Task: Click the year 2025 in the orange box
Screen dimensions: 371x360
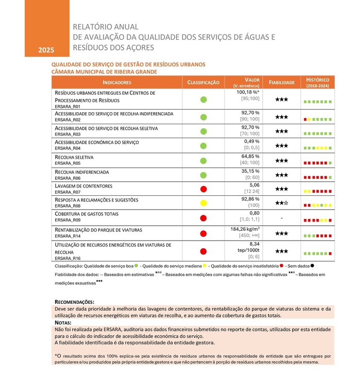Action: point(46,50)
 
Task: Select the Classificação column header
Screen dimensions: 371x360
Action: point(203,82)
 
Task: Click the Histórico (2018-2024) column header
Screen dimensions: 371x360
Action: point(317,82)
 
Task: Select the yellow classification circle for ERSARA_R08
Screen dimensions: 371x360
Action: point(203,203)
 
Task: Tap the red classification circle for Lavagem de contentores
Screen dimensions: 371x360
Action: point(203,189)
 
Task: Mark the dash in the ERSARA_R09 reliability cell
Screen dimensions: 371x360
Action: point(281,218)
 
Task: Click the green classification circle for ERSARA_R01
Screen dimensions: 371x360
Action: point(203,99)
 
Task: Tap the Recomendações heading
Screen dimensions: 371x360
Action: point(74,301)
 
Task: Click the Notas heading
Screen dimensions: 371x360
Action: point(63,323)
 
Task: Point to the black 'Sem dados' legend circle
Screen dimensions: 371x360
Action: point(313,266)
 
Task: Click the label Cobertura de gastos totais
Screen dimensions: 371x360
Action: point(87,213)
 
